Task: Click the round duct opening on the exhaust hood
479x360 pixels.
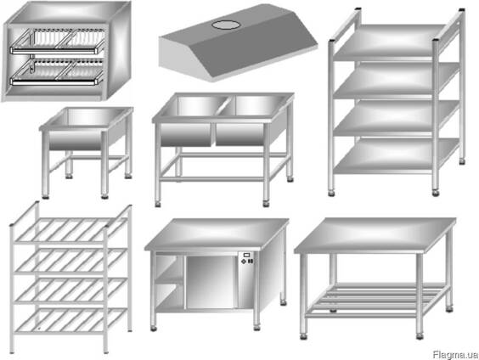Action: [x=225, y=25]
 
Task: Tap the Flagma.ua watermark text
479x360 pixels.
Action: [x=455, y=355]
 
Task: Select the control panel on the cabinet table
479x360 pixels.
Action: [x=247, y=258]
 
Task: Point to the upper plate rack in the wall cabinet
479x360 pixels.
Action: [x=58, y=42]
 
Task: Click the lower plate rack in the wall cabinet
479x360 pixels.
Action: [x=58, y=73]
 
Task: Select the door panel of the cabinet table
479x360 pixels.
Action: [x=211, y=282]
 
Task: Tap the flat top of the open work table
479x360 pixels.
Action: [x=375, y=234]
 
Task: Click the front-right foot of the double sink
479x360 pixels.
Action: [x=266, y=204]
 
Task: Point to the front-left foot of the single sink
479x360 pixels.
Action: [x=46, y=197]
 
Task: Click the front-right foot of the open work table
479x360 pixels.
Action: [x=420, y=336]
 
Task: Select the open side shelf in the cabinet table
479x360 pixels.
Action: [x=170, y=280]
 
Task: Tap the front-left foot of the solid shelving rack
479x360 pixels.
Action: [x=331, y=194]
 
